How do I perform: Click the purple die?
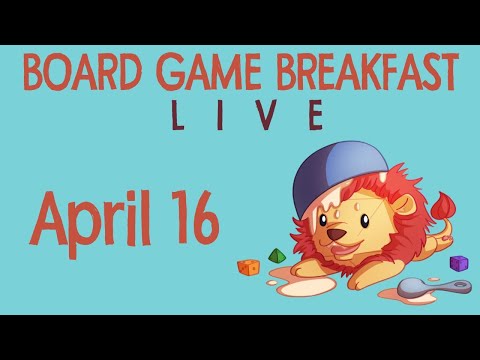coord(459,263)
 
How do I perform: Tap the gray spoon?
coord(430,289)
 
